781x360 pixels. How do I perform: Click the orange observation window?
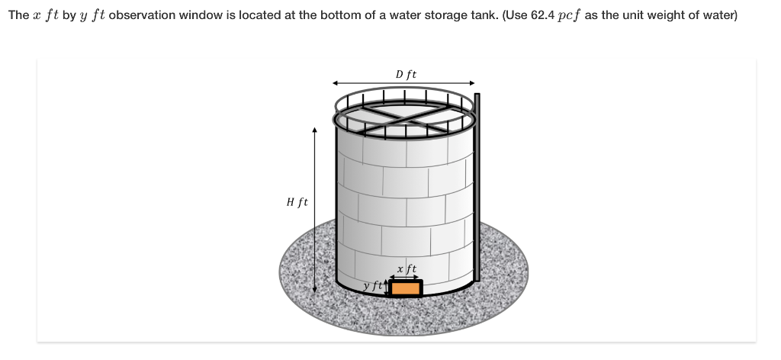406,288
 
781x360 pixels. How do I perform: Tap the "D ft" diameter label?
406,74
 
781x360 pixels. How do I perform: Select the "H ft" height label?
297,202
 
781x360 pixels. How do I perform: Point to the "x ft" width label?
407,268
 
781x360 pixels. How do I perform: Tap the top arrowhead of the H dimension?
314,130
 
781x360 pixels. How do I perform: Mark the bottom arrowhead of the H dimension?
314,290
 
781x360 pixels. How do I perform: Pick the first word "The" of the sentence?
18,16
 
